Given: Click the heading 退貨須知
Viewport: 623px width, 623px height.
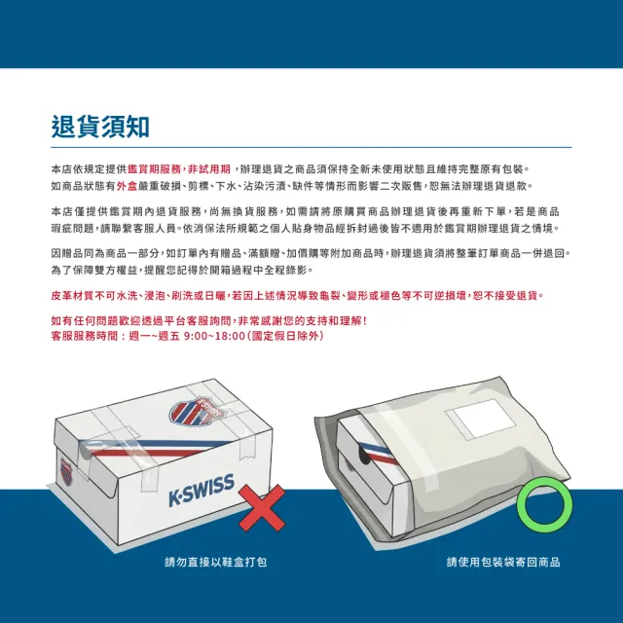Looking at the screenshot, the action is (100, 128).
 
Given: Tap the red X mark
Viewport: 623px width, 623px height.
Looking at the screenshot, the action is (262, 507).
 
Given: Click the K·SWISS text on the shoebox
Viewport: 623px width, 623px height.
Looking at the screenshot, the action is (202, 491).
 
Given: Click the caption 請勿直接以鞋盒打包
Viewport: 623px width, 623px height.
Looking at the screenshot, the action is (216, 562).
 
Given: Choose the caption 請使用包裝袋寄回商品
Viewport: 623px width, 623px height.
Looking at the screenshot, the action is (503, 562).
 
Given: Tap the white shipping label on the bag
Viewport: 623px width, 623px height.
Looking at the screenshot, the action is (480, 419).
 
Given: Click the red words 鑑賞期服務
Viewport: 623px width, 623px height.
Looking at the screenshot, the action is (154, 169).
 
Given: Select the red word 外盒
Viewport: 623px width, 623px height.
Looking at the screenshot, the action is (127, 186).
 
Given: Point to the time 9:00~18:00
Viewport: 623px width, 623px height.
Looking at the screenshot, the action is (214, 336).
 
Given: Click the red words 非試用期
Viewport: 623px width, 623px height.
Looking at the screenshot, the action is (209, 169).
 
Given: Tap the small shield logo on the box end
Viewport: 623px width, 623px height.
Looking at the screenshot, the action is (66, 471).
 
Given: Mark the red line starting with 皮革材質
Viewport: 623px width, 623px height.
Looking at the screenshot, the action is (298, 296).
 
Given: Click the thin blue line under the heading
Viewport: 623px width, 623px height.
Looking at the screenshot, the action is (311, 147).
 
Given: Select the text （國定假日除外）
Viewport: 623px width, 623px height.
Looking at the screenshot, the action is (285, 336).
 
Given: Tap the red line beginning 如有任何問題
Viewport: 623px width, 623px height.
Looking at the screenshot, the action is (209, 320).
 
